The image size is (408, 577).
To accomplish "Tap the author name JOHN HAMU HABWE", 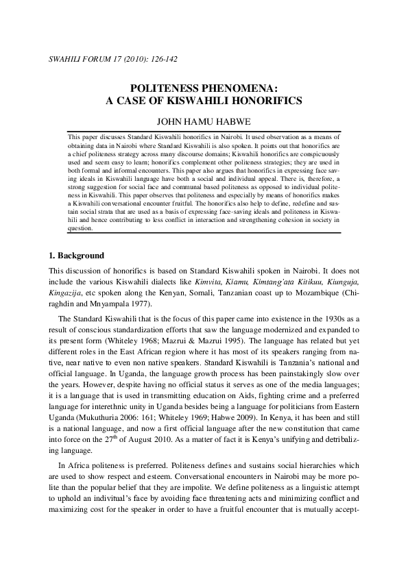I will coord(204,122).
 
